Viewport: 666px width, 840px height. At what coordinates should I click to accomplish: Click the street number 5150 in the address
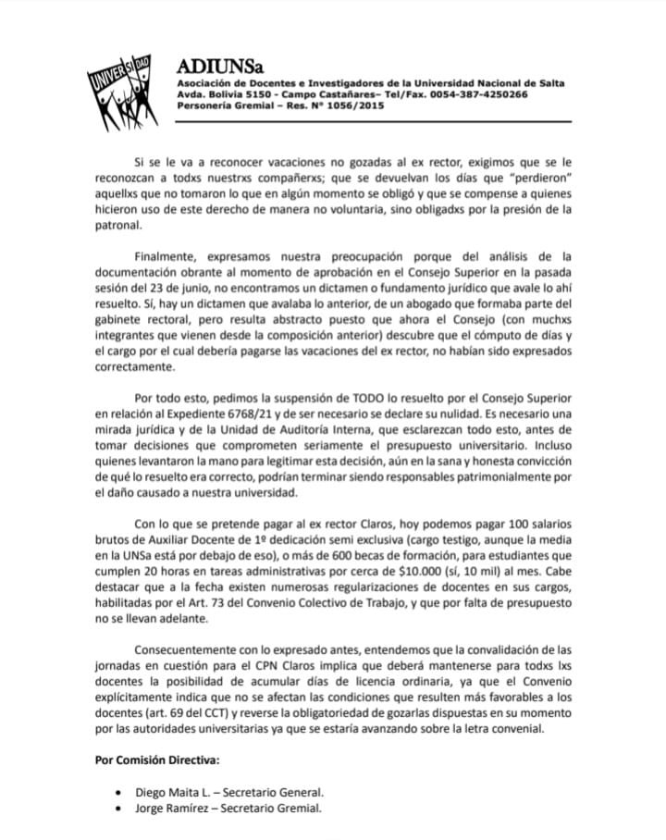click(x=251, y=94)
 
